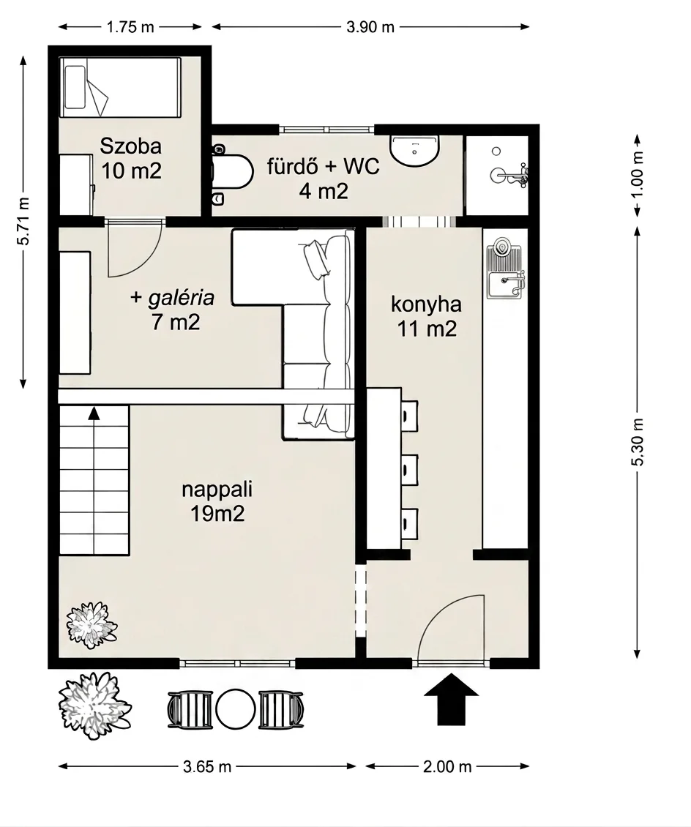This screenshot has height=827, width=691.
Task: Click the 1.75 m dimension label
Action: pyautogui.click(x=130, y=27)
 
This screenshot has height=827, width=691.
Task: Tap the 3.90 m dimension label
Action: pyautogui.click(x=370, y=27)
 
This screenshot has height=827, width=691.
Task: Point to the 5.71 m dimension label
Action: pyautogui.click(x=23, y=221)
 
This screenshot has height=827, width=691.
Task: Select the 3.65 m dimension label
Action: pyautogui.click(x=207, y=766)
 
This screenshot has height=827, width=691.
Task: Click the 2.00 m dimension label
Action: pyautogui.click(x=447, y=766)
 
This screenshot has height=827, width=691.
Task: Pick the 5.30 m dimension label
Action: pyautogui.click(x=638, y=442)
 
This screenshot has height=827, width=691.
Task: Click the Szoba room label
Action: pyautogui.click(x=131, y=146)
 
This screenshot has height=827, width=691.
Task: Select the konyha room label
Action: pyautogui.click(x=426, y=304)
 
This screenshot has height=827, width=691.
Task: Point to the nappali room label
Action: pyautogui.click(x=217, y=490)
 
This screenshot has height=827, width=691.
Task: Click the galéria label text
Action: pyautogui.click(x=182, y=298)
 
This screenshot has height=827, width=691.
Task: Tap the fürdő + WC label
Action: pyautogui.click(x=324, y=167)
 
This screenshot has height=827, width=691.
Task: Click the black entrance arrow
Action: pyautogui.click(x=452, y=700)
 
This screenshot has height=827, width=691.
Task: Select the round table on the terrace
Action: pyautogui.click(x=236, y=709)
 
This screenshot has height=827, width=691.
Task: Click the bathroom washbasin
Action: pyautogui.click(x=415, y=150)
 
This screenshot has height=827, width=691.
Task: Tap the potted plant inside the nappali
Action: pyautogui.click(x=91, y=626)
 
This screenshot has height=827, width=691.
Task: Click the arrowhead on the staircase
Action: pyautogui.click(x=94, y=413)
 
